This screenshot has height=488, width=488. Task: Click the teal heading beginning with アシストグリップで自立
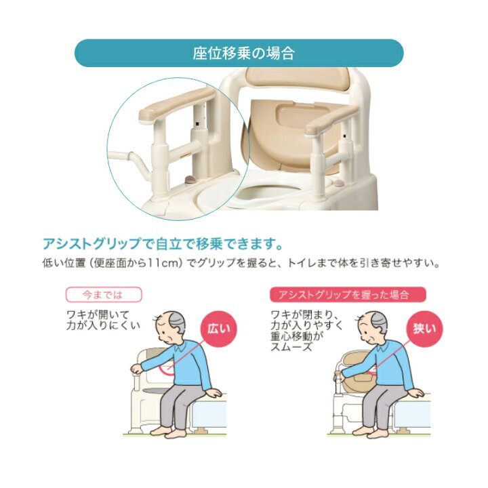[x=163, y=243]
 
